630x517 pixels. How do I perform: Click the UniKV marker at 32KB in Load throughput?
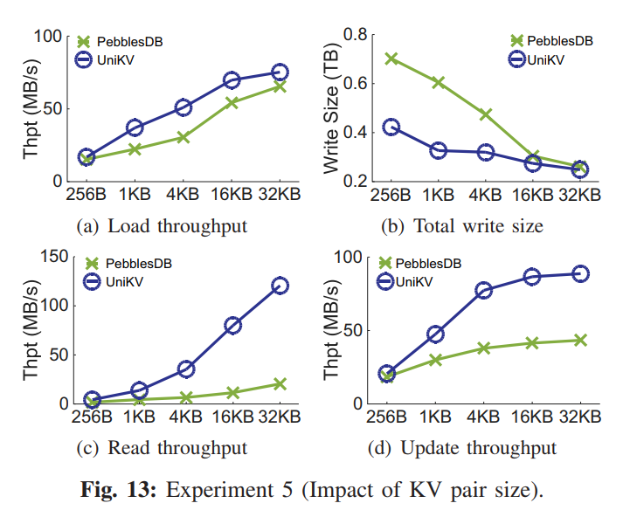click(280, 72)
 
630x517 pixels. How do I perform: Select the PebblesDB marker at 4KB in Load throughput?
click(183, 137)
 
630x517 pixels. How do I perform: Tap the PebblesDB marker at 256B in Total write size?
click(391, 59)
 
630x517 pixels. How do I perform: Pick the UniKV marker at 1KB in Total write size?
click(439, 150)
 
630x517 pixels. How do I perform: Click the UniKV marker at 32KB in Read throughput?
click(280, 286)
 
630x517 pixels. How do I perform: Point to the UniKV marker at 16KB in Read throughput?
click(232, 325)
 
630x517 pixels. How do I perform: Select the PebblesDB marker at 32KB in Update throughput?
click(579, 340)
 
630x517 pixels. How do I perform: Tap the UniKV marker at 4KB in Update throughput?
click(483, 290)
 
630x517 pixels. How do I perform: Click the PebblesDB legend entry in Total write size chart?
click(551, 40)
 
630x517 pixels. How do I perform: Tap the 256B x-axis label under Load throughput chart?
click(86, 194)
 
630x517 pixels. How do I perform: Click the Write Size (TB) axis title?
click(332, 107)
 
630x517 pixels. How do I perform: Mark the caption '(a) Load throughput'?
click(162, 226)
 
